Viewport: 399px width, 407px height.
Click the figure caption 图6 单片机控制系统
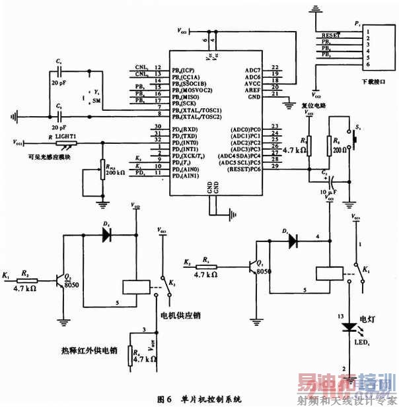(199, 399)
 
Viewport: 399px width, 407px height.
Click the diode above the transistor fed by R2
(106, 233)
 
